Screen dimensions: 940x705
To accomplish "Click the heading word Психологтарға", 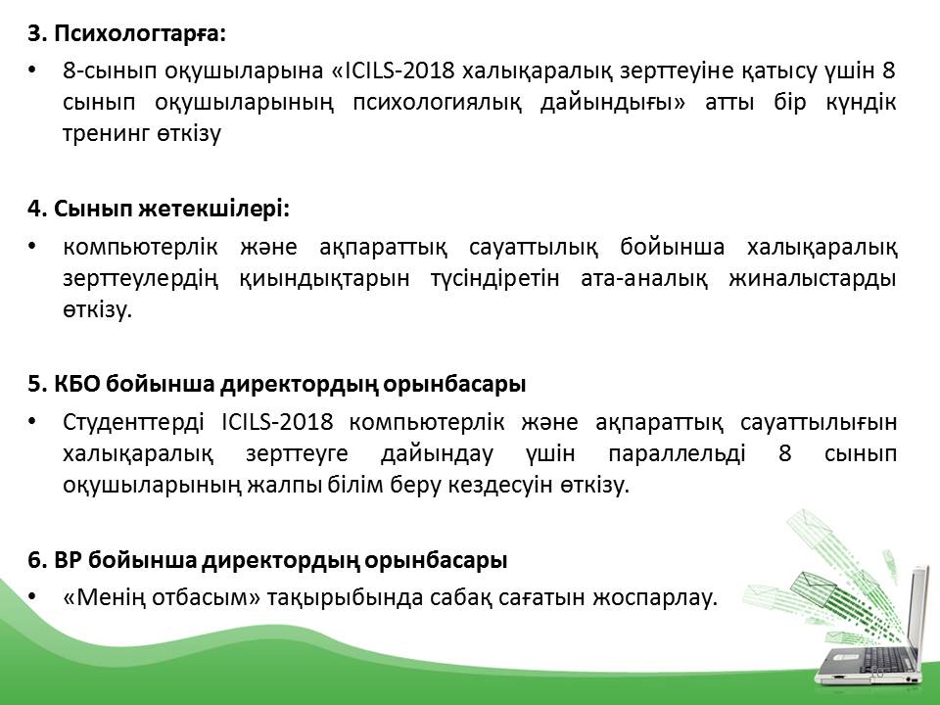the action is coord(140,33).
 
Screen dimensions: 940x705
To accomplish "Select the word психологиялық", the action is coord(437,103).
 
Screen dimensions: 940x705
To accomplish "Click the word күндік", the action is coord(861,102).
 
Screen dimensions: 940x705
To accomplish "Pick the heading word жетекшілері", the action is coord(214,210).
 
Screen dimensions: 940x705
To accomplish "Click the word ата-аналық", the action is coord(644,278).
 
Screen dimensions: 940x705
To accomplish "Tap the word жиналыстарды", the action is coord(813,279).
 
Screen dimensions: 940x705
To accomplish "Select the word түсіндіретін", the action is coord(494,279).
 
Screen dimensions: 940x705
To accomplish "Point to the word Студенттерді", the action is coord(133,423).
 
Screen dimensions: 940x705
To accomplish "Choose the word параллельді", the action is coord(677,453).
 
